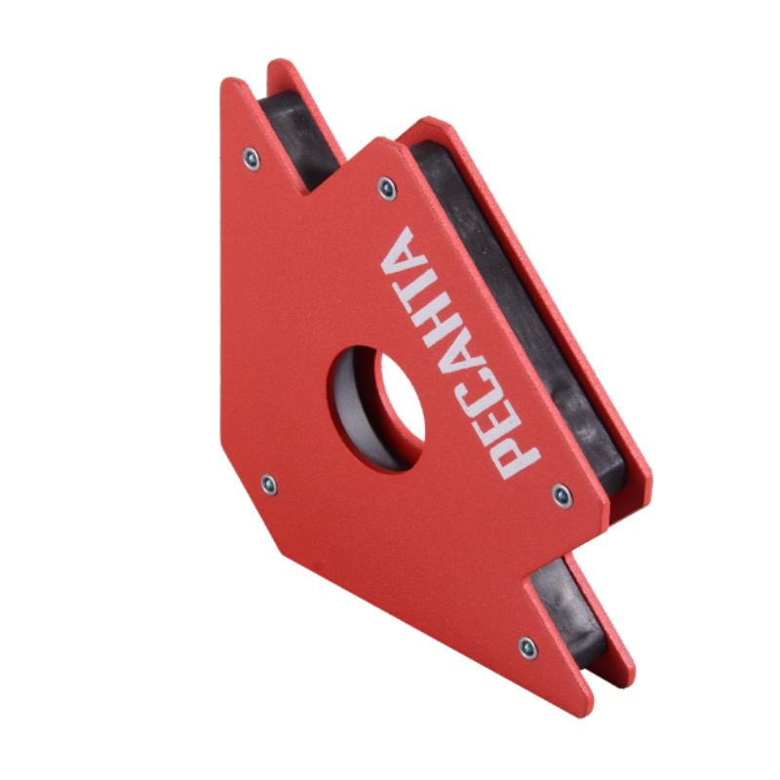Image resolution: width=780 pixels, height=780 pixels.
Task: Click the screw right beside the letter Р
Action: point(563,496)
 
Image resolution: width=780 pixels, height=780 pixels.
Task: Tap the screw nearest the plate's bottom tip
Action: point(527,648)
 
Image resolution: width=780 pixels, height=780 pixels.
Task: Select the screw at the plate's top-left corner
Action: point(252,159)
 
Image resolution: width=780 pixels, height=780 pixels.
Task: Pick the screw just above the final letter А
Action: point(387,188)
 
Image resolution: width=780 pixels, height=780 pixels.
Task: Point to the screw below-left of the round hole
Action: point(269,485)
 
